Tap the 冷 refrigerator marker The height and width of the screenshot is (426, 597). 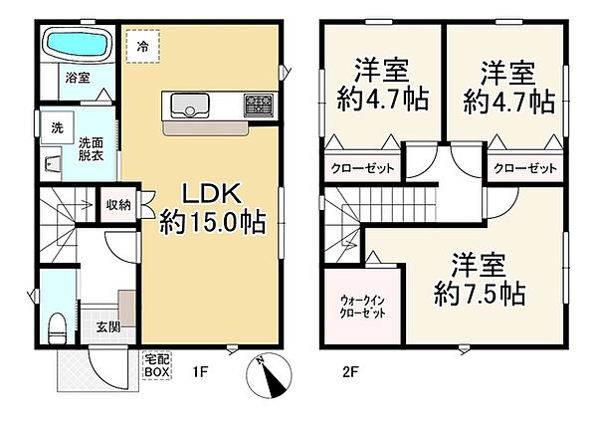(143, 46)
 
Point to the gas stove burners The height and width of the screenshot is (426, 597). (258, 104)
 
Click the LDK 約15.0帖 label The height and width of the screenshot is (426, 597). (213, 207)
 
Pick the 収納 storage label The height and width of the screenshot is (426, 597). (118, 205)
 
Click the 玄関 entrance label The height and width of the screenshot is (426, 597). (108, 326)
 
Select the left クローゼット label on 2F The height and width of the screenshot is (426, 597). (361, 169)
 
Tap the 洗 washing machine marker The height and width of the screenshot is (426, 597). (58, 127)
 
